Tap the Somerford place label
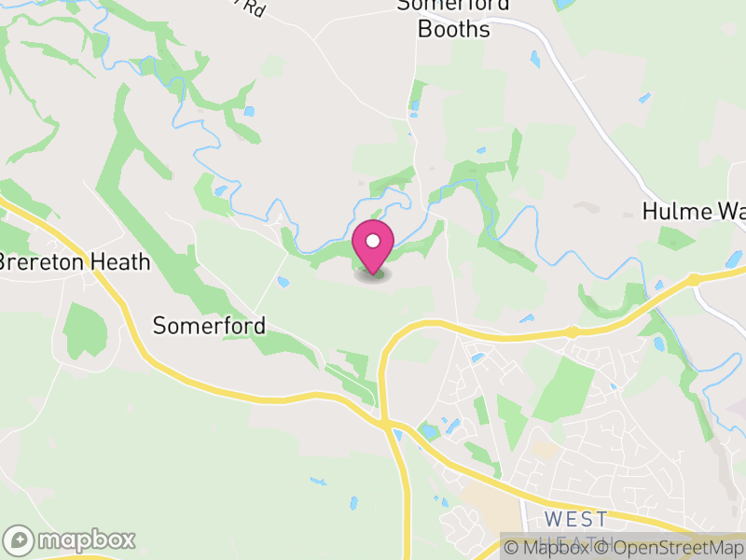click(x=210, y=326)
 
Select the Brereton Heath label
click(x=75, y=262)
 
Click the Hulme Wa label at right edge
click(x=694, y=211)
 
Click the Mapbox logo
click(x=71, y=539)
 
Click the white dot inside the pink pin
click(x=373, y=241)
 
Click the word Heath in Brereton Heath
click(x=122, y=262)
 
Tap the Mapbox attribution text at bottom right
click(x=558, y=548)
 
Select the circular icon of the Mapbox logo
click(x=19, y=539)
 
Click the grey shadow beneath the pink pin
click(x=373, y=275)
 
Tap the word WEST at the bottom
click(x=575, y=519)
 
